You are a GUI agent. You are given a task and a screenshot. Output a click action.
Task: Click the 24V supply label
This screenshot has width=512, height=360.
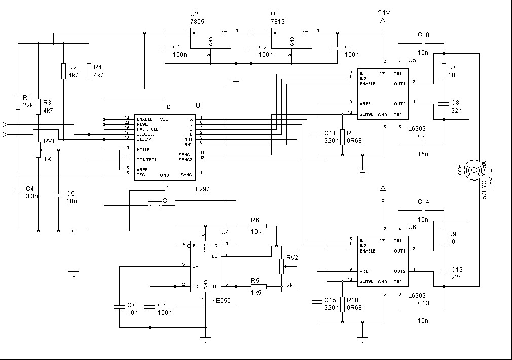pyautogui.click(x=384, y=12)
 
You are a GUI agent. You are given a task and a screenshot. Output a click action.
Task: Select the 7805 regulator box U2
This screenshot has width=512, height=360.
pyautogui.click(x=210, y=38)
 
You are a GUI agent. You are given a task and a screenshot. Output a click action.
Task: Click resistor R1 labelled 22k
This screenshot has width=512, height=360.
pyautogui.click(x=18, y=101)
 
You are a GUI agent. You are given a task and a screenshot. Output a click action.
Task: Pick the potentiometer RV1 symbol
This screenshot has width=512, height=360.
pyautogui.click(x=38, y=150)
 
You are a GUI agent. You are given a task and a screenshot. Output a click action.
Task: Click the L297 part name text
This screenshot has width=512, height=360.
pyautogui.click(x=203, y=189)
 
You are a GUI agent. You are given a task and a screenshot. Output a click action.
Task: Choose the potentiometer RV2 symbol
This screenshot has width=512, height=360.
pyautogui.click(x=281, y=266)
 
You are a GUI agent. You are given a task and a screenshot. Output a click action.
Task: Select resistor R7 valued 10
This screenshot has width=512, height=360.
pyautogui.click(x=444, y=70)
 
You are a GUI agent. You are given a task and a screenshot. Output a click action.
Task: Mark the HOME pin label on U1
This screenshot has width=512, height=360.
pyautogui.click(x=143, y=150)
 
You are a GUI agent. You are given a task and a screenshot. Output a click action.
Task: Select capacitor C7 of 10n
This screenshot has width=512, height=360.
pyautogui.click(x=119, y=307)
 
